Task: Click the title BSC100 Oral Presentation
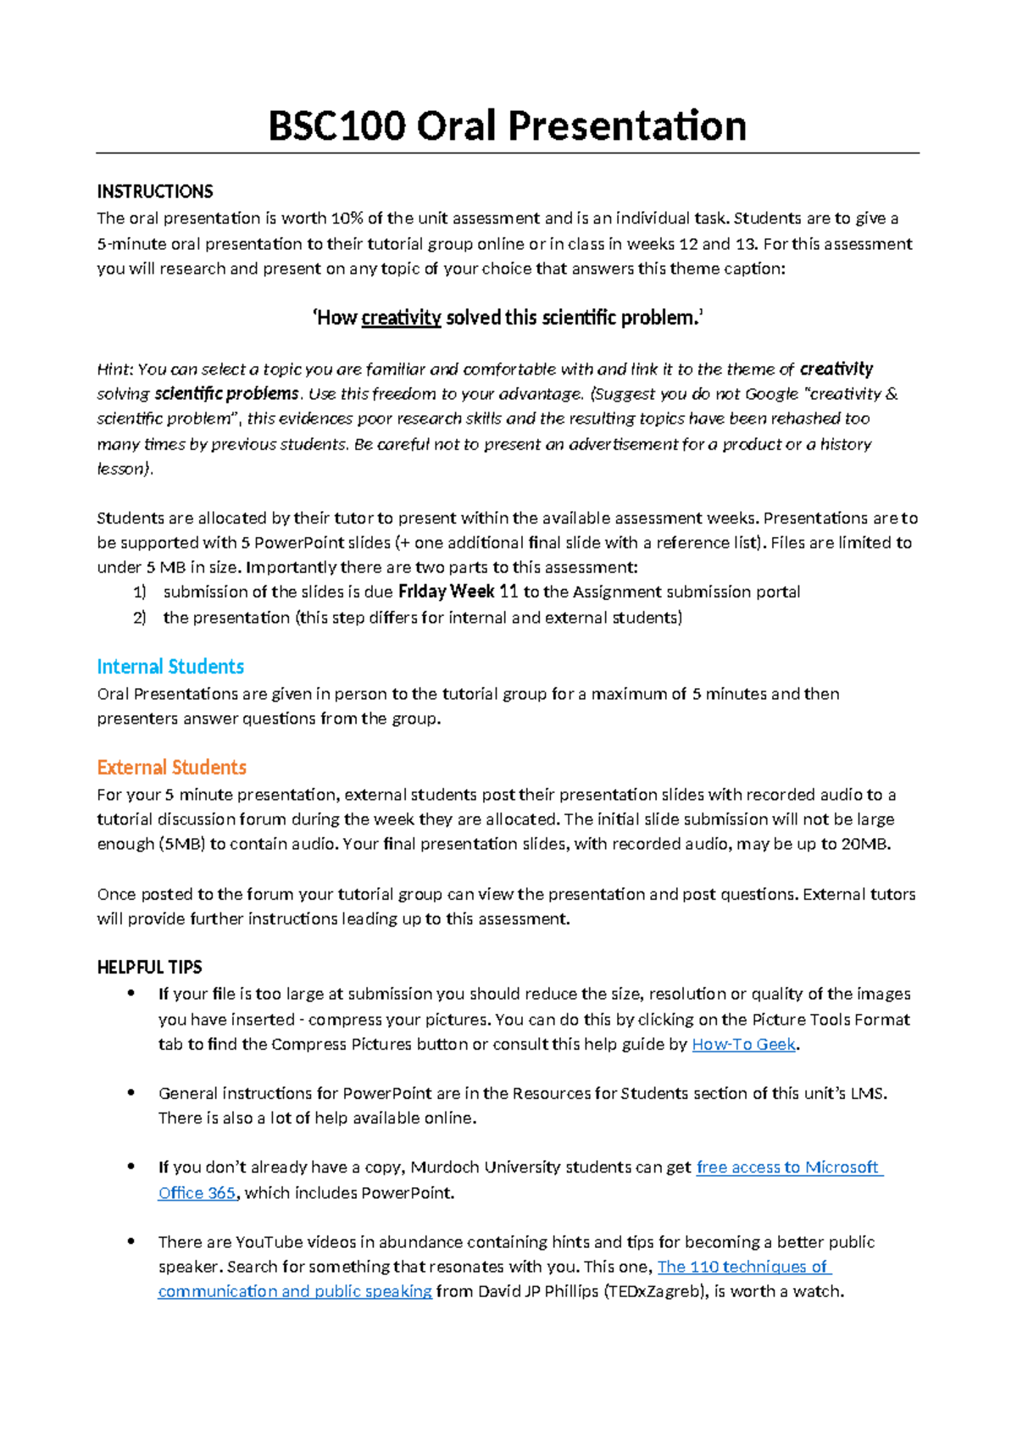[507, 126]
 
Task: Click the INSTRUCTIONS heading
[155, 191]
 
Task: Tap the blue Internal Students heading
[170, 667]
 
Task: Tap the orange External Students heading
[171, 768]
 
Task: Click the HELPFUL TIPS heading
[149, 968]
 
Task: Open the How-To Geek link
[743, 1045]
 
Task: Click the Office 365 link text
[197, 1193]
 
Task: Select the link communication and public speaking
[295, 1291]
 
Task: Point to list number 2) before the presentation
[140, 618]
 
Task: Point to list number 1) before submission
[140, 592]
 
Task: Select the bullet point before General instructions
[131, 1093]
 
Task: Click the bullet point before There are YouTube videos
[131, 1242]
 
